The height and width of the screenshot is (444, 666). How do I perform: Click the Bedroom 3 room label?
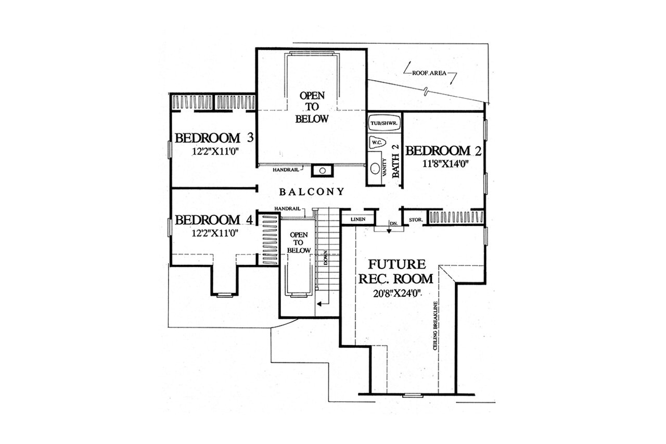[x=214, y=138]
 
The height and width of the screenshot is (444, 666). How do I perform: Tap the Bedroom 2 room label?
[x=443, y=151]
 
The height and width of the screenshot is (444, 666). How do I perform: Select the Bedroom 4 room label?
[x=214, y=220]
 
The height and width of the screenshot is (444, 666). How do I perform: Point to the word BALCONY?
[x=312, y=192]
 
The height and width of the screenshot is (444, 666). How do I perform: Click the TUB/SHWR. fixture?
[x=383, y=124]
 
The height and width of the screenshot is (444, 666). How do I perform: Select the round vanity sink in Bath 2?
[x=375, y=169]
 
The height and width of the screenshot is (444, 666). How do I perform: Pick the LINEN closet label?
[x=357, y=220]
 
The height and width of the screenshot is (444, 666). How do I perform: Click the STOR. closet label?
[x=415, y=220]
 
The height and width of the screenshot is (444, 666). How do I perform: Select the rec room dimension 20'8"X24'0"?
[x=396, y=293]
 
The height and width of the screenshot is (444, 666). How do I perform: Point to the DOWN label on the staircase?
[x=325, y=258]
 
